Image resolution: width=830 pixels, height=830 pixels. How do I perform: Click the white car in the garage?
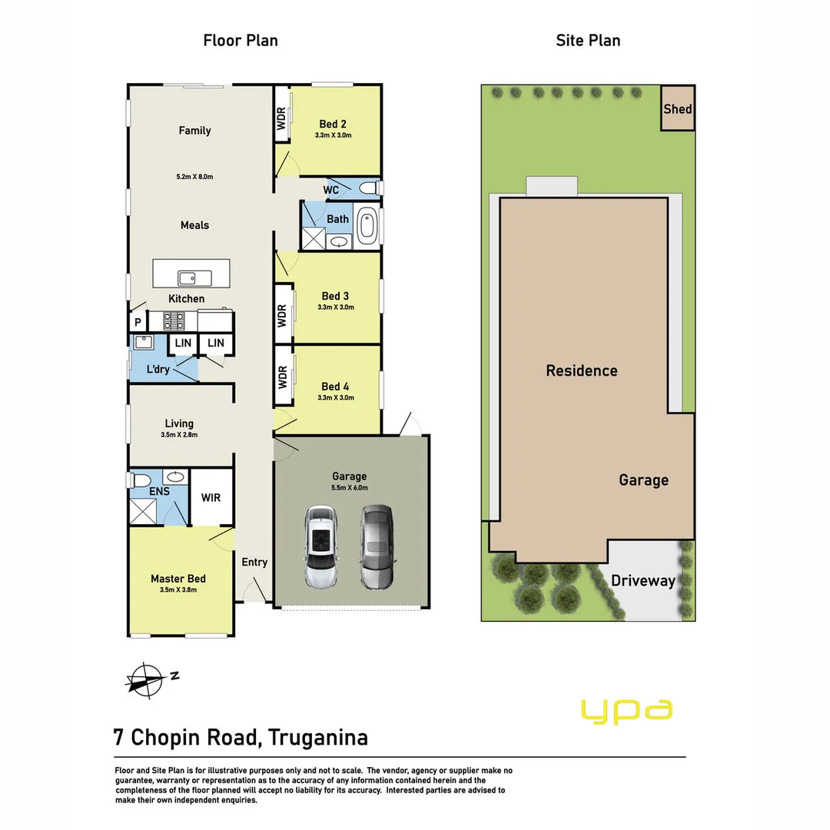pos(320,547)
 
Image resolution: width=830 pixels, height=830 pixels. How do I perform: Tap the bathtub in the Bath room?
pos(369,226)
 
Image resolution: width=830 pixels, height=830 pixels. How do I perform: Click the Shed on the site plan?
pos(678,108)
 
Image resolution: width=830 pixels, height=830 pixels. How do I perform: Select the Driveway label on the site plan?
pos(642,580)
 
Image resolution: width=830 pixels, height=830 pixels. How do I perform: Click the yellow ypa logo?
pos(627,711)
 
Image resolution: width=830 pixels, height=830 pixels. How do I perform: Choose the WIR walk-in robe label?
pos(211,497)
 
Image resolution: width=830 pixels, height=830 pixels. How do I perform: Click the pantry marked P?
pos(138,323)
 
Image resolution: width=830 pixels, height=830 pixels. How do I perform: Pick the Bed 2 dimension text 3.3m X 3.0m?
pos(333,135)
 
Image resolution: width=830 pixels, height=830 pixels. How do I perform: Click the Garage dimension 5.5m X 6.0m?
pos(350,488)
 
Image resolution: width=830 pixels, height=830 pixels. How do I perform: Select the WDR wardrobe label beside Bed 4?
pos(282,377)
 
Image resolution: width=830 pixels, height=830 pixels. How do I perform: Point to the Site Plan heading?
pos(588,40)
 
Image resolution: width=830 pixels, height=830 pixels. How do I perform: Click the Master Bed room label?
pos(178,579)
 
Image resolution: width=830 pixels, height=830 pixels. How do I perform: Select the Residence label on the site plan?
pos(581,370)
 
